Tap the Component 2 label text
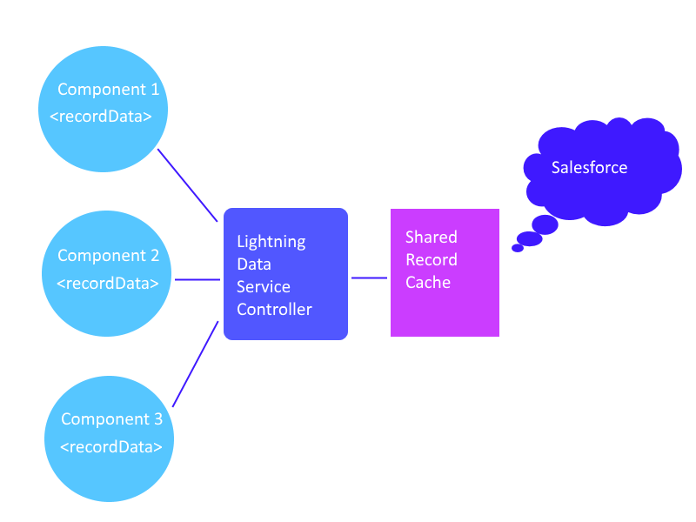pyautogui.click(x=108, y=256)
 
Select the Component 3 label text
pyautogui.click(x=111, y=419)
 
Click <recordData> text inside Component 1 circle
pyautogui.click(x=101, y=116)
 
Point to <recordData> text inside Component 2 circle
pyautogui.click(x=108, y=283)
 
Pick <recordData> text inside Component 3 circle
pyautogui.click(x=111, y=447)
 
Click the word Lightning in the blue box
pyautogui.click(x=271, y=241)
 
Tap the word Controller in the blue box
pyautogui.click(x=274, y=309)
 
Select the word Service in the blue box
pyautogui.click(x=264, y=286)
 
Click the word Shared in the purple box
pyautogui.click(x=431, y=237)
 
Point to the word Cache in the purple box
pyautogui.click(x=428, y=282)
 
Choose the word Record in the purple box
pyautogui.click(x=431, y=259)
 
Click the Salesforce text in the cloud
pyautogui.click(x=589, y=168)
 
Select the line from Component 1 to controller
pyautogui.click(x=187, y=185)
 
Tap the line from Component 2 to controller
pyautogui.click(x=197, y=279)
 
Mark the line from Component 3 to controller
pyautogui.click(x=196, y=364)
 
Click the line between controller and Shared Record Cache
pyautogui.click(x=369, y=278)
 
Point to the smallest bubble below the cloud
pyautogui.click(x=518, y=248)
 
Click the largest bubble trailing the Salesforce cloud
pyautogui.click(x=545, y=224)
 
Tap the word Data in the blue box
pyautogui.click(x=254, y=264)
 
